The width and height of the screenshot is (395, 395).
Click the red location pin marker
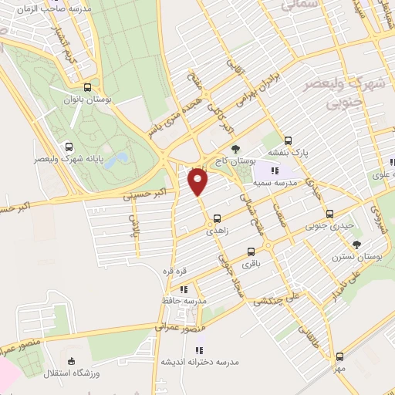(199, 181)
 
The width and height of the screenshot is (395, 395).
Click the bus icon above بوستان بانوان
(89, 87)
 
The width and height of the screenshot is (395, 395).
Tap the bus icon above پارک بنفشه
(288, 140)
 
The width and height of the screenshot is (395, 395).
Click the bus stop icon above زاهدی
(217, 218)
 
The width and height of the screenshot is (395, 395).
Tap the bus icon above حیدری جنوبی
(329, 214)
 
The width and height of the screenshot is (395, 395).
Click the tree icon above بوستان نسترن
(356, 244)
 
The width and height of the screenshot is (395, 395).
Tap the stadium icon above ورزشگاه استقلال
(72, 361)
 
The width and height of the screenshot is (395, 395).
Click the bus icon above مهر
(340, 356)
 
